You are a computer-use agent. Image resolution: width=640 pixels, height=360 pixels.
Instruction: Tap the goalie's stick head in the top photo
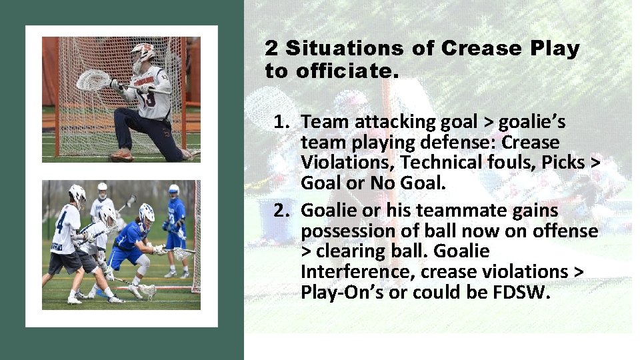pyautogui.click(x=93, y=81)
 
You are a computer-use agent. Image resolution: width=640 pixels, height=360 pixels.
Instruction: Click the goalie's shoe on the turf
pyautogui.click(x=121, y=155)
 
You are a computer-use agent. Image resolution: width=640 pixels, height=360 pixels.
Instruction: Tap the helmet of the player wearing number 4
pyautogui.click(x=77, y=194)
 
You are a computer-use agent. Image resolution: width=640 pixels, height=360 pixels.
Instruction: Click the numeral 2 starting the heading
pyautogui.click(x=271, y=49)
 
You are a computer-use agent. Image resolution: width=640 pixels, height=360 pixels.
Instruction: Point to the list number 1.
pyautogui.click(x=281, y=122)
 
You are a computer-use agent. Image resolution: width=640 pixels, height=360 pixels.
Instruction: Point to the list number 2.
pyautogui.click(x=281, y=211)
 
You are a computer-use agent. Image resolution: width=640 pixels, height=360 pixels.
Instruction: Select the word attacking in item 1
pyautogui.click(x=382, y=122)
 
